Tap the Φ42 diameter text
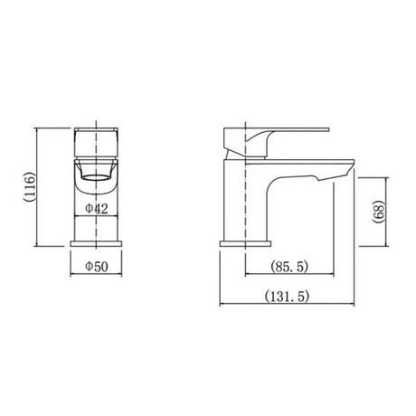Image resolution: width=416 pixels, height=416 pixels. coord(97,208)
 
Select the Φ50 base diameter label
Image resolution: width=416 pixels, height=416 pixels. coord(97,267)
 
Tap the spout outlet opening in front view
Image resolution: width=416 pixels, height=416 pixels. coord(97,174)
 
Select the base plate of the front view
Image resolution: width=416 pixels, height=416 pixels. coord(97,242)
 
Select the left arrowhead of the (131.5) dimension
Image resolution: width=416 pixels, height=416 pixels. coord(222,306)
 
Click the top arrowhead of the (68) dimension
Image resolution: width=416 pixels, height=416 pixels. coord(389,178)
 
